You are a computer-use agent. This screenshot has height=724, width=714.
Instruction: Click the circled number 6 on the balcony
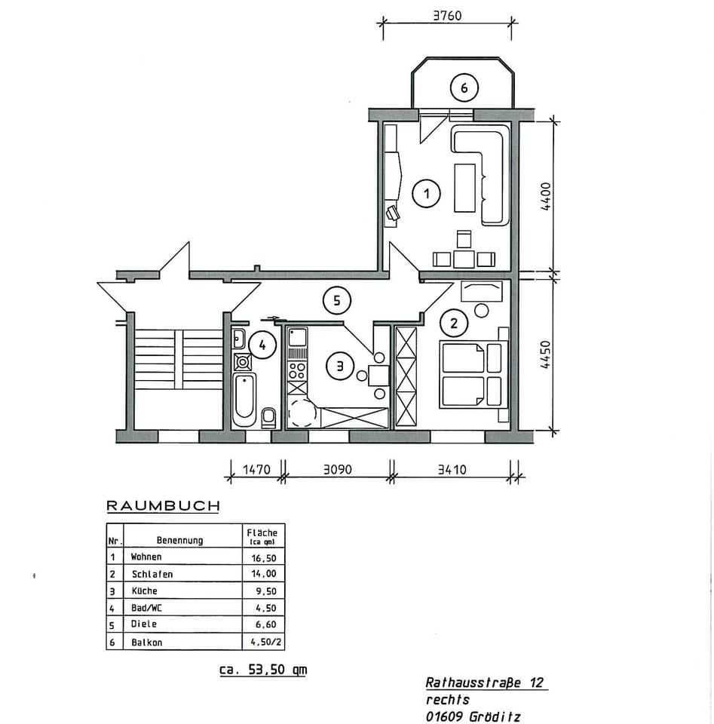point(464,88)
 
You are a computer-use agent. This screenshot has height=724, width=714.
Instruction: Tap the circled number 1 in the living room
point(427,194)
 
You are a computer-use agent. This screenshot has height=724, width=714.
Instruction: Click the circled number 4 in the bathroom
point(262,346)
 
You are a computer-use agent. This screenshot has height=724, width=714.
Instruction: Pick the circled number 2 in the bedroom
point(454,324)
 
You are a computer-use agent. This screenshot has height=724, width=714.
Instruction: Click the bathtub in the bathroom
point(244,397)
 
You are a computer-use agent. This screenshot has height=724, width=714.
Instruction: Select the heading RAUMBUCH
point(163,506)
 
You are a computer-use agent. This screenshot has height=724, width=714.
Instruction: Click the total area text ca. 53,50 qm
point(263,670)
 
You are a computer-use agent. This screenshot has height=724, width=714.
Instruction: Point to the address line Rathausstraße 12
point(485,683)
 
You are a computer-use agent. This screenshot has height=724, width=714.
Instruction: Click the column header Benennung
point(179,540)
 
